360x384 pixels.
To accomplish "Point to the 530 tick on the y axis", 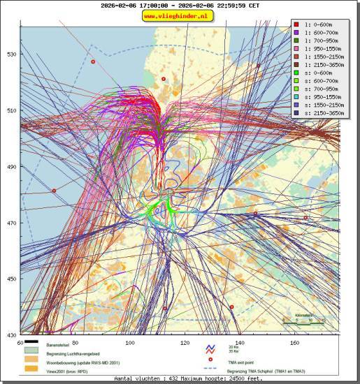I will tap(11, 54).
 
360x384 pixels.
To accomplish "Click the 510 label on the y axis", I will tap(11, 110).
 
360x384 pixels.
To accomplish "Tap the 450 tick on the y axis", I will tap(11, 279).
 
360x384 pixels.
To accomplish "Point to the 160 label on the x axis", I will tap(294, 343).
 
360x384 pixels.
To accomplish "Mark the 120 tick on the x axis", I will tap(185, 343).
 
